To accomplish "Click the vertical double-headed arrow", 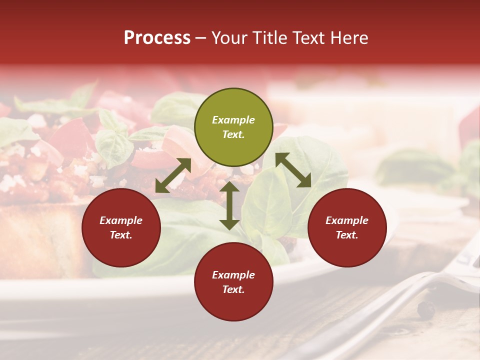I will pyautogui.click(x=229, y=205).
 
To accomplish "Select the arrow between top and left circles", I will pyautogui.click(x=173, y=175).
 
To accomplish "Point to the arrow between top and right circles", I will pyautogui.click(x=293, y=170).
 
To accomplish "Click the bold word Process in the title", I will pyautogui.click(x=157, y=38).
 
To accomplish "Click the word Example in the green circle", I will pyautogui.click(x=233, y=120).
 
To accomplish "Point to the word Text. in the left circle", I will pyautogui.click(x=121, y=235).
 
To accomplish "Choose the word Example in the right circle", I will pyautogui.click(x=347, y=220).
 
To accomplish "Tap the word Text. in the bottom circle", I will pyautogui.click(x=233, y=289).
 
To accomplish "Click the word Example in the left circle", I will pyautogui.click(x=121, y=220).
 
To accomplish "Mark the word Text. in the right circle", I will pyautogui.click(x=347, y=235).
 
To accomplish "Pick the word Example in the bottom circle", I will pyautogui.click(x=233, y=275).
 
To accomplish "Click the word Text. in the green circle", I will pyautogui.click(x=233, y=134).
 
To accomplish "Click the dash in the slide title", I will pyautogui.click(x=201, y=38).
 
